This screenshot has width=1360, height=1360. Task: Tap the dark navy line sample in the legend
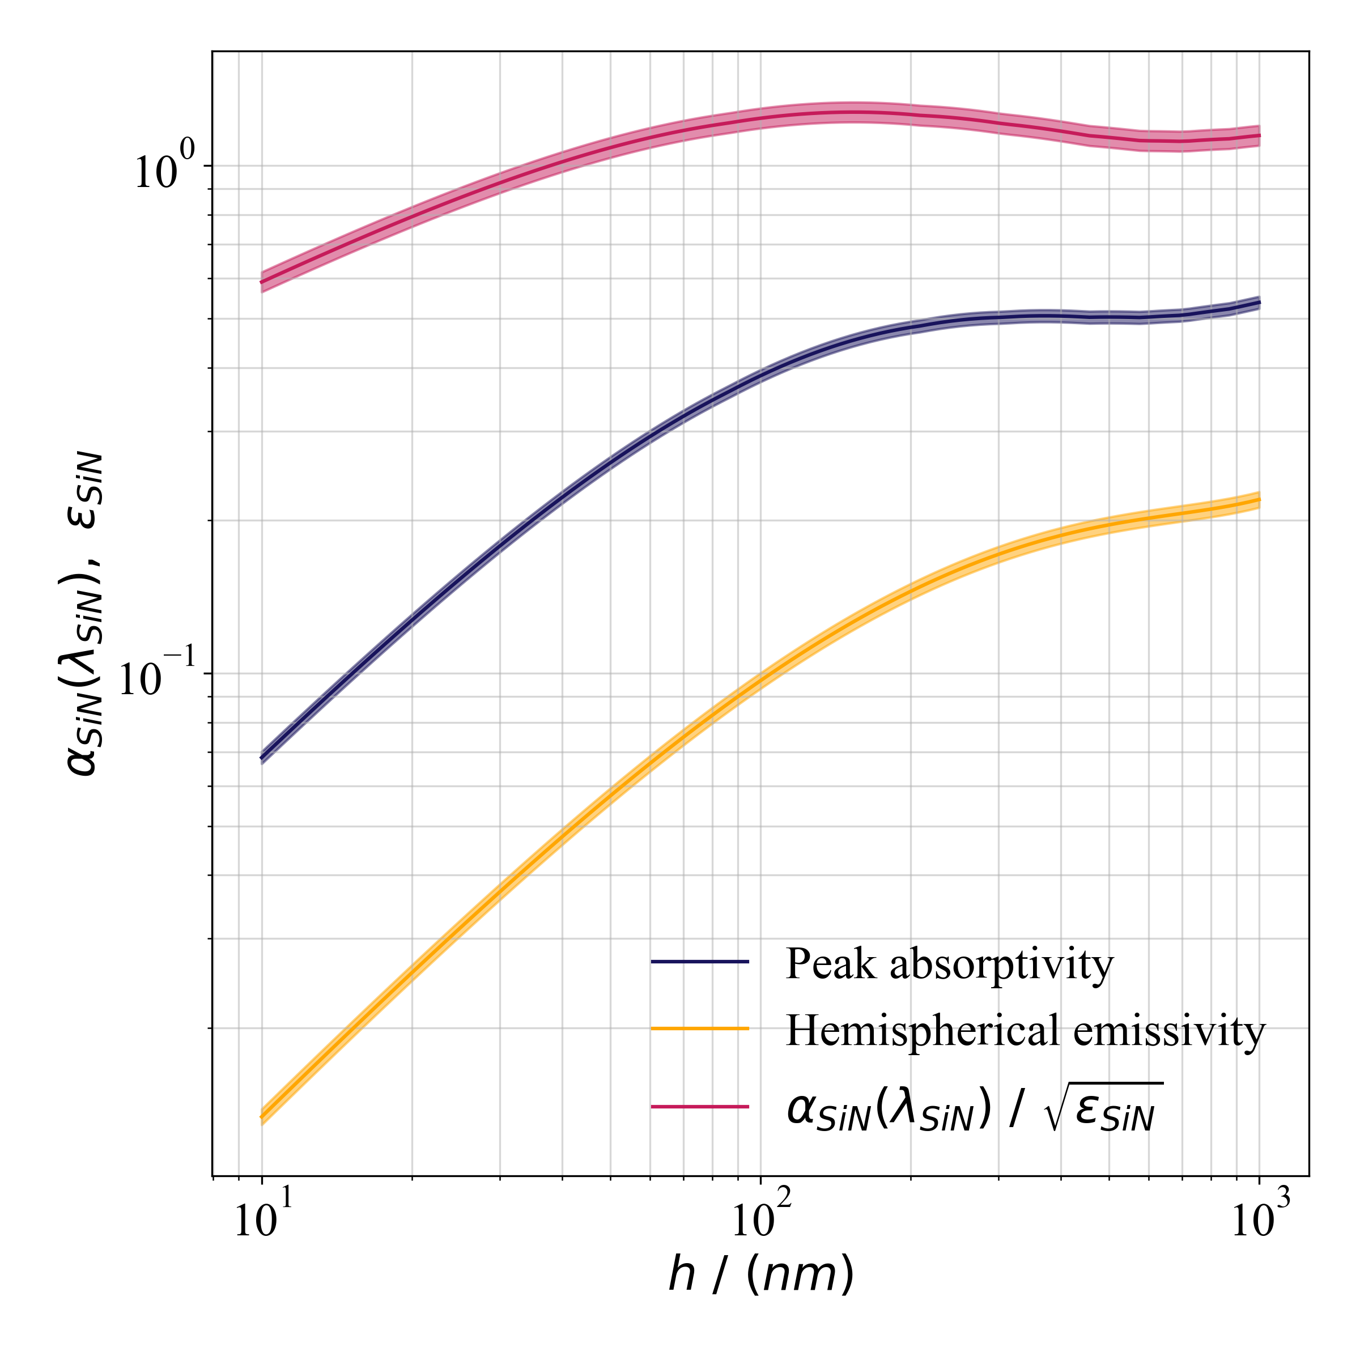tap(700, 962)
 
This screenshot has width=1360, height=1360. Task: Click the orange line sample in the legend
tap(700, 1029)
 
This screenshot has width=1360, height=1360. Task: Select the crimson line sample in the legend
tap(700, 1107)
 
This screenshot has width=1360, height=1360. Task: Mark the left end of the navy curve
tap(262, 758)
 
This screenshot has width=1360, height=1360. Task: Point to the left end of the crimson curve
tap(262, 282)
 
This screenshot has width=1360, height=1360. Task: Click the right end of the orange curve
tap(1259, 500)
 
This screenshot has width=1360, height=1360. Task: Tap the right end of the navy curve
tap(1259, 303)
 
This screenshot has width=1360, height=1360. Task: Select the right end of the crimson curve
tap(1259, 136)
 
